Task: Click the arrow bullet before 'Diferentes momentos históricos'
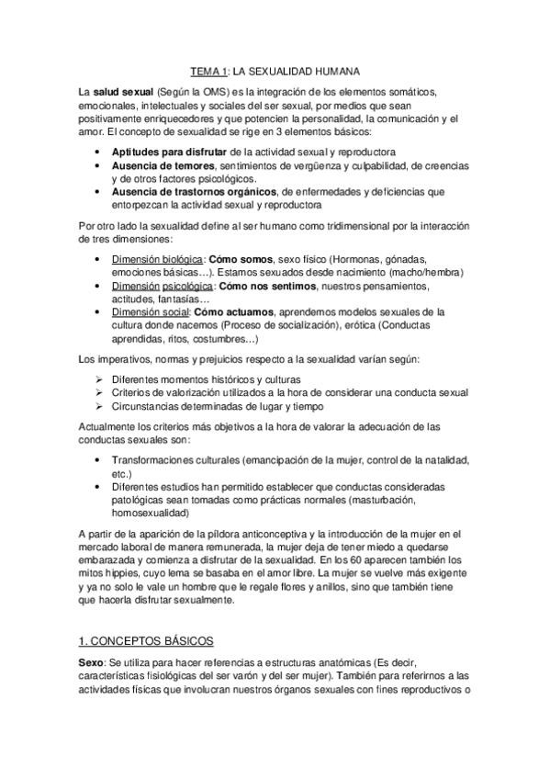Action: [x=99, y=379]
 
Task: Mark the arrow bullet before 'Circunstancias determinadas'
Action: [x=99, y=406]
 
